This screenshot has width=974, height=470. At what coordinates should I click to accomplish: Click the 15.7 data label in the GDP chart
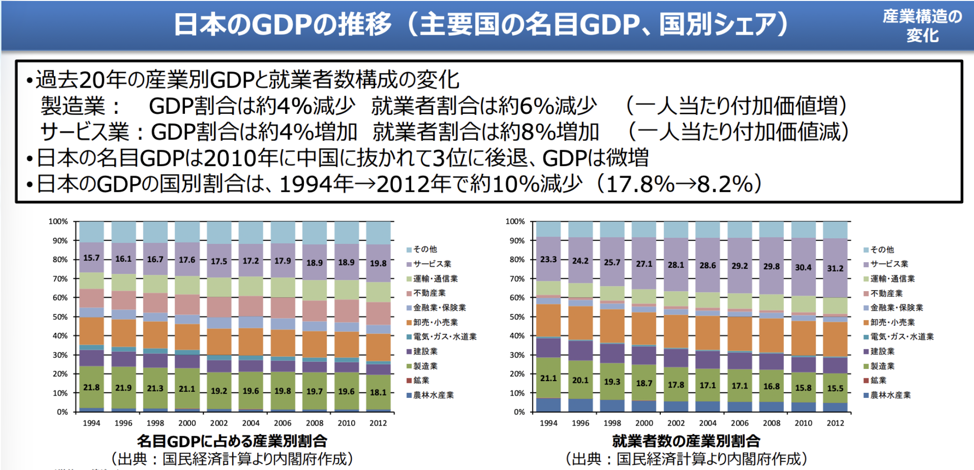pos(91,258)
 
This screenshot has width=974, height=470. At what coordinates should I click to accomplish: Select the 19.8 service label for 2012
pos(378,263)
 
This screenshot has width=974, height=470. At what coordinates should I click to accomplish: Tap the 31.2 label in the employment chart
pos(835,268)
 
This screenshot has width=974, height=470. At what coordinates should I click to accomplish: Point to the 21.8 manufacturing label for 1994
pos(91,388)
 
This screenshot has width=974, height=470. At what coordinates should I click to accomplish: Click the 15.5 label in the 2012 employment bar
pos(835,388)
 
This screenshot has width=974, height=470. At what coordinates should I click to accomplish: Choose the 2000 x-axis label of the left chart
pos(187,423)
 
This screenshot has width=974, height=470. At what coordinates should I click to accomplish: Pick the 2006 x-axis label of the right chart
pos(739,423)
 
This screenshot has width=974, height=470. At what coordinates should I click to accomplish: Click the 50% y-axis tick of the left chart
pos(60,317)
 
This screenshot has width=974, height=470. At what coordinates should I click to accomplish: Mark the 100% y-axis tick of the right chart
pos(515,221)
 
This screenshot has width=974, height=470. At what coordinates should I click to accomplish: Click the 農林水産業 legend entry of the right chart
pos(890,395)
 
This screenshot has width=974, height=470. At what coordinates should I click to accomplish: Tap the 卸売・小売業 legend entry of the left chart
pos(435,323)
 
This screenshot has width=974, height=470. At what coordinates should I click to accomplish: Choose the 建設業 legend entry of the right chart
pos(882,352)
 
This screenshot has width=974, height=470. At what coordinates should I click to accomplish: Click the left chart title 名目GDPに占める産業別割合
pos(232,441)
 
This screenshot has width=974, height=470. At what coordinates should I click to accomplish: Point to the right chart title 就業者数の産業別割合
pos(686,441)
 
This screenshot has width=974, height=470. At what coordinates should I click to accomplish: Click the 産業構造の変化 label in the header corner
pos(922,26)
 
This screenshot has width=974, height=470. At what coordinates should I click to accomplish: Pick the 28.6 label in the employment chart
pos(708,265)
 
